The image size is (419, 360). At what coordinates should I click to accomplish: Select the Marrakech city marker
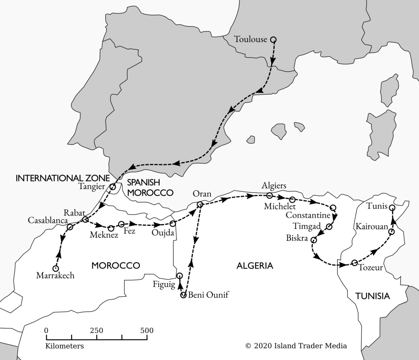click(56, 268)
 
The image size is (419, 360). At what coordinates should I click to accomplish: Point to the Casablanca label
click(47, 220)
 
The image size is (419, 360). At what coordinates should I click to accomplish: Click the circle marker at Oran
click(200, 205)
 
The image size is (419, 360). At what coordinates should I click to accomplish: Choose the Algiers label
click(274, 186)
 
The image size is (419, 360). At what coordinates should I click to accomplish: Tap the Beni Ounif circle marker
click(183, 295)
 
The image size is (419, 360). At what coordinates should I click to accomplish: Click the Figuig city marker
click(179, 275)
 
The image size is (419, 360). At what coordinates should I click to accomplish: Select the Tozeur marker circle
click(354, 263)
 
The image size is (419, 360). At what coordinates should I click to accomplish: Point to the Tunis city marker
click(392, 208)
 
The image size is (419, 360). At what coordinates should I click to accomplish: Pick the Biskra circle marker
click(314, 240)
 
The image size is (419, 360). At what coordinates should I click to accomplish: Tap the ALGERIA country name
click(255, 266)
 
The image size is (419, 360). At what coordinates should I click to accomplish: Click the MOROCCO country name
click(115, 265)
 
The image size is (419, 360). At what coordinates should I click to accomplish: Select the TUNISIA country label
click(372, 296)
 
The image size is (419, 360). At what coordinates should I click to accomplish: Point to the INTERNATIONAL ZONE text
click(63, 178)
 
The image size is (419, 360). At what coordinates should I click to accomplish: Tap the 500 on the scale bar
click(147, 331)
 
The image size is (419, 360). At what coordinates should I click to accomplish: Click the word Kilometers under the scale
click(65, 346)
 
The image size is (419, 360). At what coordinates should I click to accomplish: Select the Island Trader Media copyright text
click(296, 346)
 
